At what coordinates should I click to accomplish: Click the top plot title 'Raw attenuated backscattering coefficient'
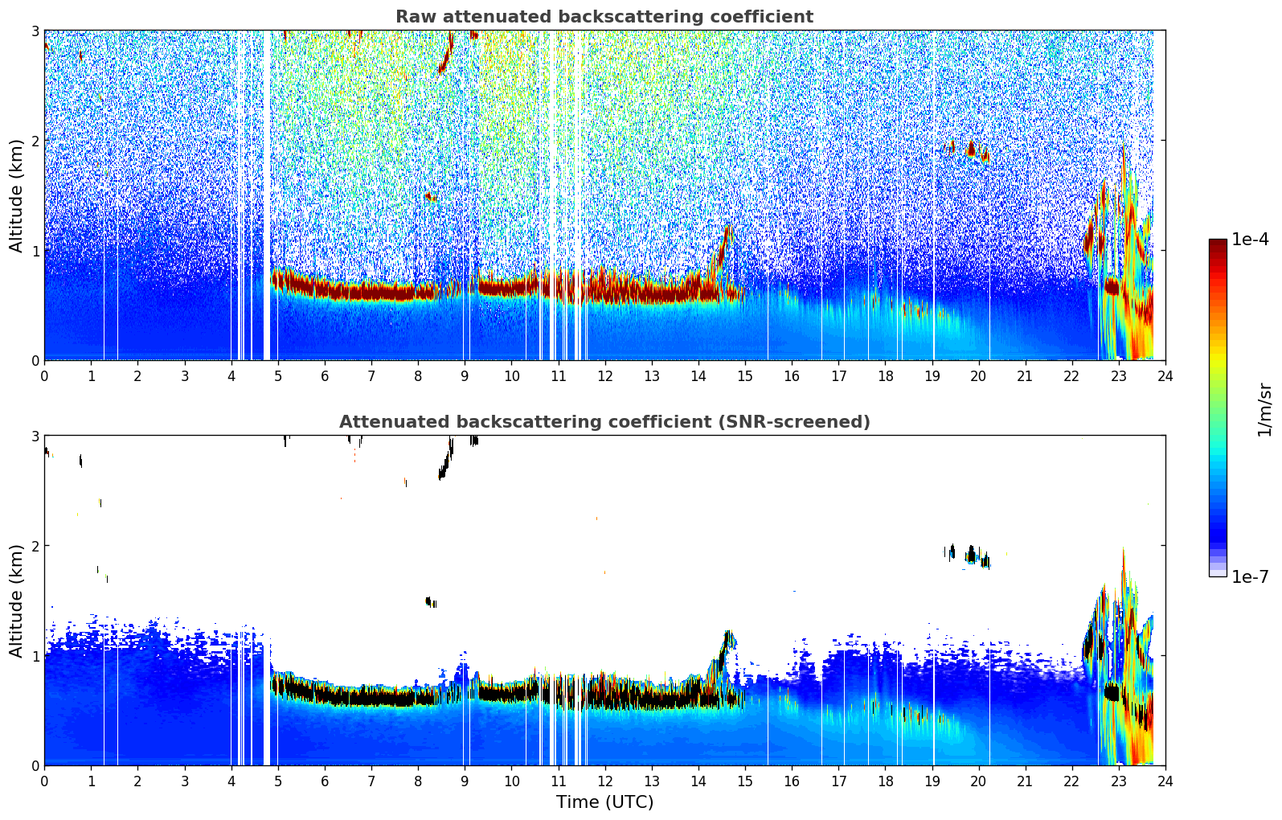tap(604, 17)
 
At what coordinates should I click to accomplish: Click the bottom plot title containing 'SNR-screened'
tap(604, 422)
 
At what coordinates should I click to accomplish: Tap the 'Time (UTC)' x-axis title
tap(604, 802)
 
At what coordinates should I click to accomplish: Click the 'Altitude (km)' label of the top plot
tap(17, 195)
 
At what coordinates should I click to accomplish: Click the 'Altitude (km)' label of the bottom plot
tap(17, 601)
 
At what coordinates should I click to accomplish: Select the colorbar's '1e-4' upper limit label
tap(1250, 240)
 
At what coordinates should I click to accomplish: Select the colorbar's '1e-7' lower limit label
tap(1250, 576)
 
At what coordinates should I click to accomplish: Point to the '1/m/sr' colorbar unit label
tap(1264, 409)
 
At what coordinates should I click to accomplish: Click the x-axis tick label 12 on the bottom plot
tap(604, 781)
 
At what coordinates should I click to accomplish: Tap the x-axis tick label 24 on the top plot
tap(1165, 376)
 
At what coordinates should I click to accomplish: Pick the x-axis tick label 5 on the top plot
tap(278, 376)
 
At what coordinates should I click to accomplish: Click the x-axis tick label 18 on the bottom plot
tap(885, 781)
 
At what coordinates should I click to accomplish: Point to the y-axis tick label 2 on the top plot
tap(35, 141)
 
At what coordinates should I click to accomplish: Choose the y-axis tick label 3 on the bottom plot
tap(35, 436)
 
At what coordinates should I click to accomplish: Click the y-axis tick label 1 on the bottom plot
tap(35, 656)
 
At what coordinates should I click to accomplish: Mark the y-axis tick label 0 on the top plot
tap(35, 361)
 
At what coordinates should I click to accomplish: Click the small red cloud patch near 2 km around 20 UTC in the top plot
tap(972, 149)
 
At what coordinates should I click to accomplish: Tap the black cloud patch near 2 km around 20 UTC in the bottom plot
tap(972, 554)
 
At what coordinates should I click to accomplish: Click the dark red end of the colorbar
tap(1218, 244)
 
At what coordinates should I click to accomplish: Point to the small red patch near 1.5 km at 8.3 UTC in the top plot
tap(430, 196)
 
